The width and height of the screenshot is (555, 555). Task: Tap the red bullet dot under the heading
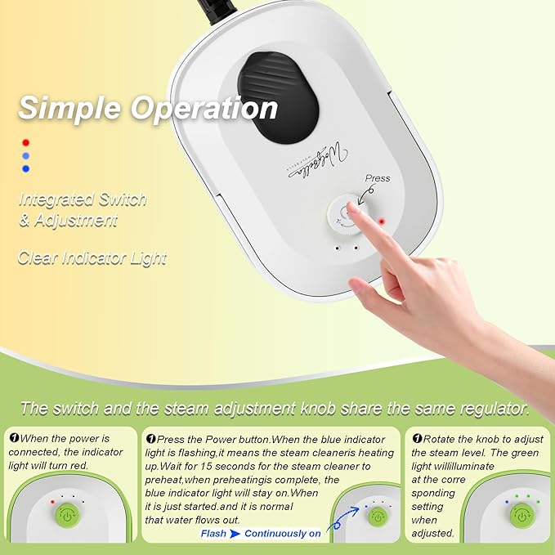(25, 141)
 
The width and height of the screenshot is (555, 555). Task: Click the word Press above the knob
(378, 178)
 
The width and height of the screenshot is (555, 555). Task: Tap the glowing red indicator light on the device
(381, 221)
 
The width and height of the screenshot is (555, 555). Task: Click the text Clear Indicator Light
(92, 258)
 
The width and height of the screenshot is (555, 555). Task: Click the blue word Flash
(213, 534)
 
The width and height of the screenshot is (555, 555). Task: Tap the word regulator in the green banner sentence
(497, 408)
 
